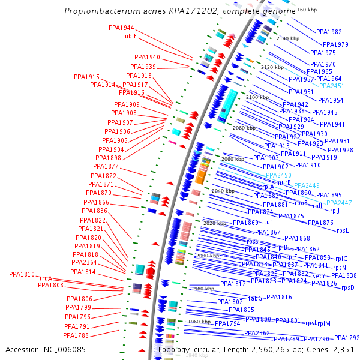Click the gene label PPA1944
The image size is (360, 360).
(121, 28)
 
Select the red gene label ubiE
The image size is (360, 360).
(131, 36)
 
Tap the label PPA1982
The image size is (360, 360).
(329, 32)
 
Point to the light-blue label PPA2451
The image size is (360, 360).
(331, 86)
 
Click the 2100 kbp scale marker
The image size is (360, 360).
(257, 97)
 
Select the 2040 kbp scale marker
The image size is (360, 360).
(223, 191)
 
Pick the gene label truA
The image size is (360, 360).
(46, 278)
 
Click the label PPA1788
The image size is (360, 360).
(76, 335)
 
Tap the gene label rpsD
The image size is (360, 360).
(348, 287)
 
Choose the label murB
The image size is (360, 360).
(284, 182)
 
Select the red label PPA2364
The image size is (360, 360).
(84, 262)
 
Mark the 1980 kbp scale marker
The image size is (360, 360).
(202, 289)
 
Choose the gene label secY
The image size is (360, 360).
(319, 275)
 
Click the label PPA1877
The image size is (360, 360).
(106, 166)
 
